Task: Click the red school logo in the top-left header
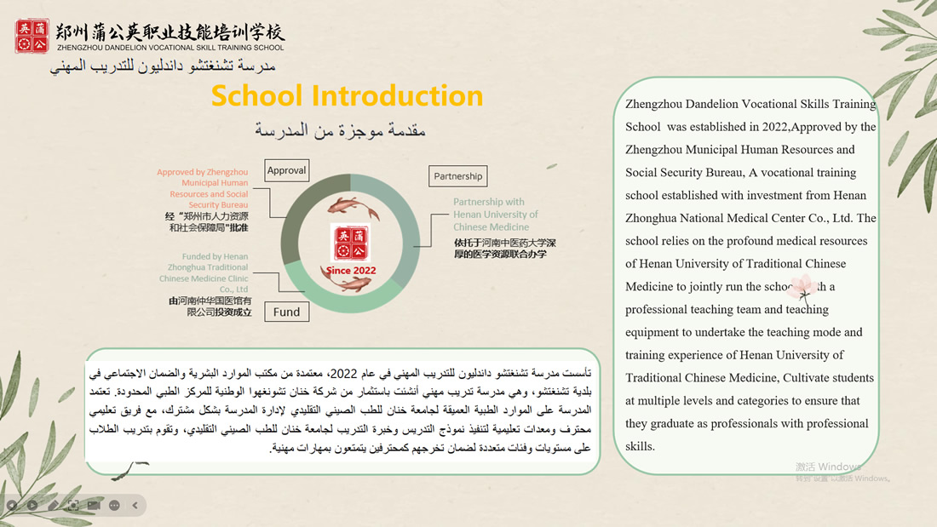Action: point(32,36)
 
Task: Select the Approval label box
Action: point(286,170)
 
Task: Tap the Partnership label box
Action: point(457,176)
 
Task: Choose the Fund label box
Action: point(286,312)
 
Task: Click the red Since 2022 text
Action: point(350,270)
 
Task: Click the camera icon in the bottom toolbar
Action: point(94,505)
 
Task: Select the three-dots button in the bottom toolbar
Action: point(115,505)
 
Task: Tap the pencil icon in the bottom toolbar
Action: point(53,505)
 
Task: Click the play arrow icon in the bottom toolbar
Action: point(32,505)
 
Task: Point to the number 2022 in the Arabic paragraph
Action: point(342,373)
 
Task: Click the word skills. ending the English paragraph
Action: point(640,446)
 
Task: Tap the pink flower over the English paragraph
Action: point(802,287)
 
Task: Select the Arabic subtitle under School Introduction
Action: point(341,130)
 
